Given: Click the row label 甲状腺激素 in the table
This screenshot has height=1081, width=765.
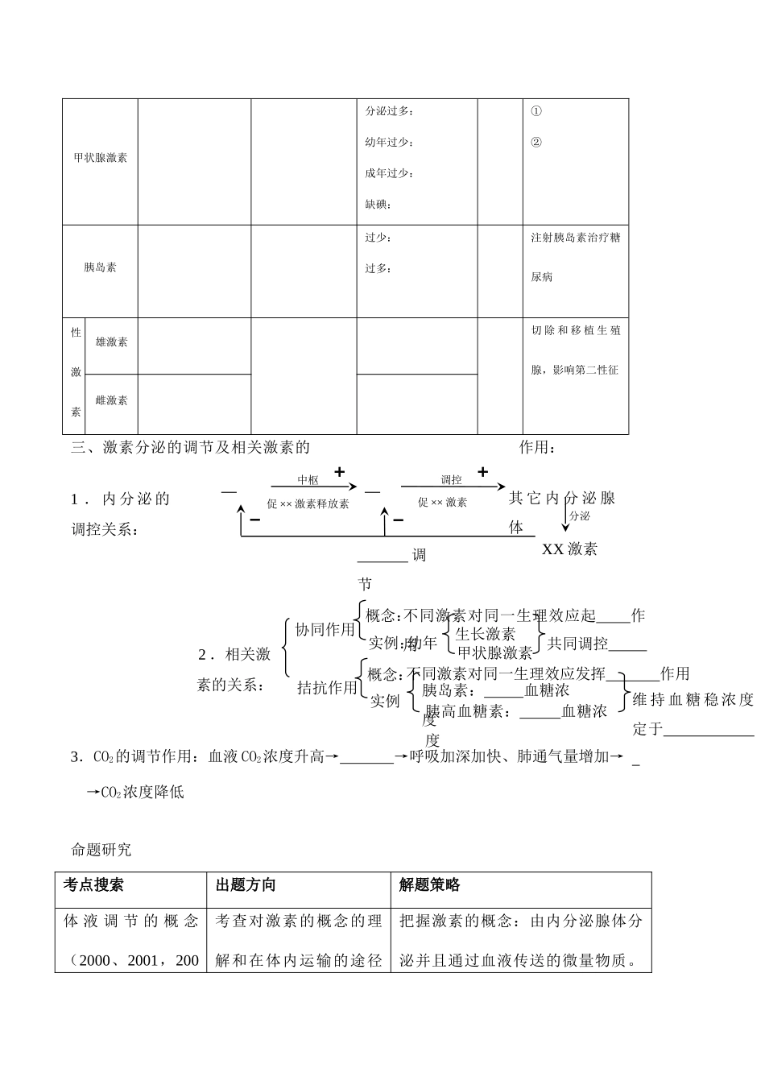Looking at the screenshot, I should click(101, 158).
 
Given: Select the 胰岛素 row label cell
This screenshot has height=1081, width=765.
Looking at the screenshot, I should click(101, 267).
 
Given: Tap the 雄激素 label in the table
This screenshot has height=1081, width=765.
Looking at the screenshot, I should click(112, 342).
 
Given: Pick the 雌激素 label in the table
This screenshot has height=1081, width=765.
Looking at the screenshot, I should click(112, 400).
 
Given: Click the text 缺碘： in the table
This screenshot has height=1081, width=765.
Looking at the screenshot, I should click(378, 205).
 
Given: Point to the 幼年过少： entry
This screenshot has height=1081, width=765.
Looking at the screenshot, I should click(389, 143).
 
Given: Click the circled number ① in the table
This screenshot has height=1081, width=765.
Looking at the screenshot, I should click(536, 111).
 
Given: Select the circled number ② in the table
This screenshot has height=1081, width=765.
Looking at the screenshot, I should click(536, 143).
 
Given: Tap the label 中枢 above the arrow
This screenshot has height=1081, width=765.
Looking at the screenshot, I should click(308, 480).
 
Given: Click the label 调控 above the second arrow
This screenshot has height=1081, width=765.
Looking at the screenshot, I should click(452, 480).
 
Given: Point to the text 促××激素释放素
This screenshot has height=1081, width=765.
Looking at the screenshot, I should click(308, 503).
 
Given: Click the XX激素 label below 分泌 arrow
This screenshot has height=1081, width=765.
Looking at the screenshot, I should click(569, 549).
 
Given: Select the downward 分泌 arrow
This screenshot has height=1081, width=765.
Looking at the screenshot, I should click(565, 518).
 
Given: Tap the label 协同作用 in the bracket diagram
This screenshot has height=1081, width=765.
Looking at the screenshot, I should click(325, 630).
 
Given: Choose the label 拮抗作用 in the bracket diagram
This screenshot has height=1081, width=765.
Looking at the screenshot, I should click(327, 687).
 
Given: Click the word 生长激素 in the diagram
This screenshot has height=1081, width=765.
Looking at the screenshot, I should click(486, 634).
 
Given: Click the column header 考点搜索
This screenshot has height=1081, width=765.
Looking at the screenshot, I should click(93, 884).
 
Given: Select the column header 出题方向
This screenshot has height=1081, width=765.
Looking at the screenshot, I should click(246, 884).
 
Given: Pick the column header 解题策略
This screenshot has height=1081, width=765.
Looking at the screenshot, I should click(429, 884).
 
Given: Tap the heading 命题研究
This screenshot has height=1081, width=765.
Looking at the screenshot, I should click(101, 849).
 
